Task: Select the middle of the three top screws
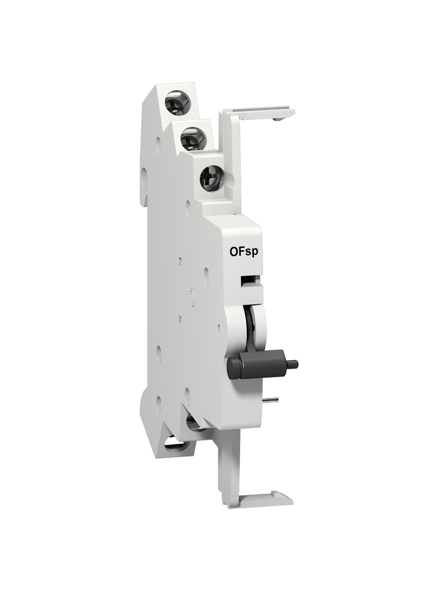point(193,138)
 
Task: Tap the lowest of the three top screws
point(212,177)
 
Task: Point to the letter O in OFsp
point(234,252)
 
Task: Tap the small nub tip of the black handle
point(294,364)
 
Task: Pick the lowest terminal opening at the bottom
point(179,444)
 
